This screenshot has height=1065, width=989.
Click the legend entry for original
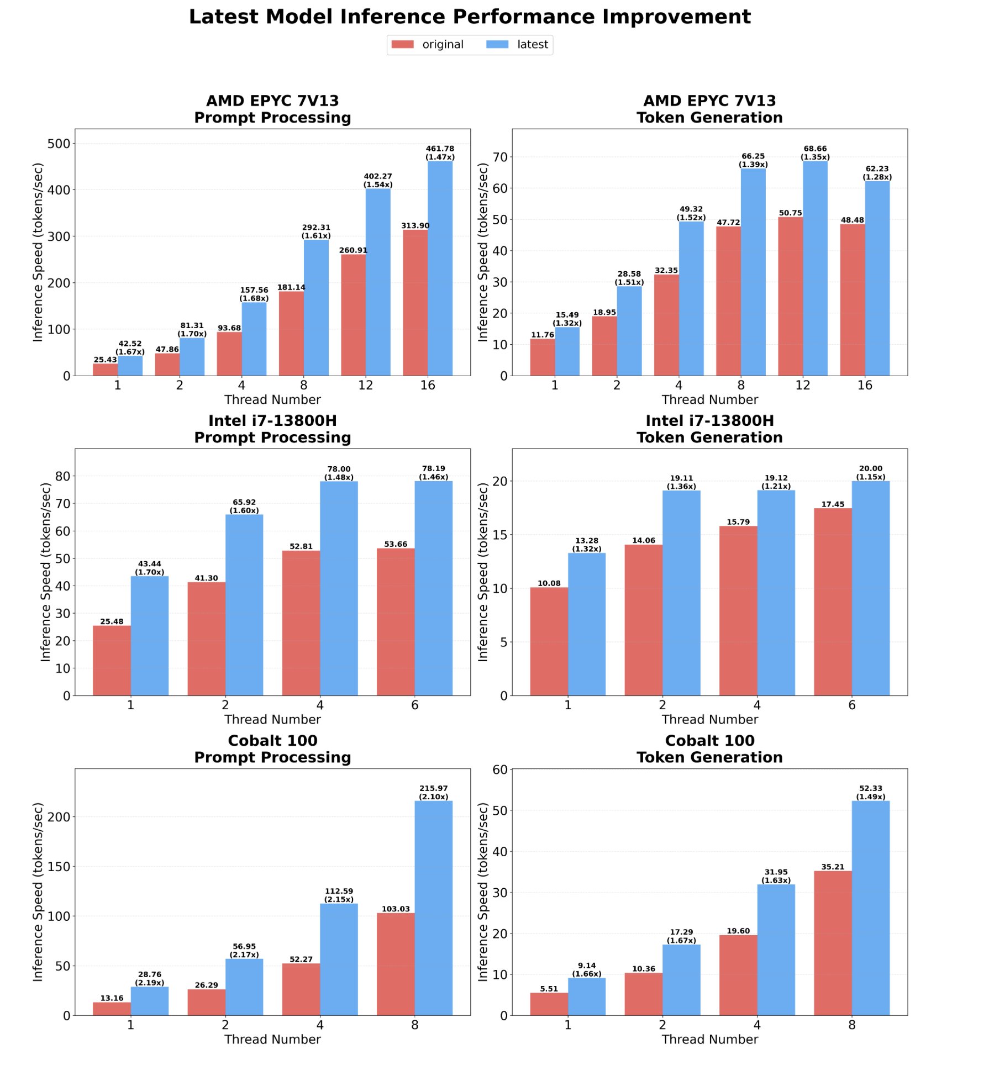(427, 45)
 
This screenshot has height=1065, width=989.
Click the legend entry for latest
(517, 45)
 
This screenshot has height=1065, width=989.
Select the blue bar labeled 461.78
(440, 268)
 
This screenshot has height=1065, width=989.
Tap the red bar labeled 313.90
(415, 302)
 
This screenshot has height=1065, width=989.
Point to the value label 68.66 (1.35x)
(815, 152)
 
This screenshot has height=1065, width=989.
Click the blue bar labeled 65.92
(244, 604)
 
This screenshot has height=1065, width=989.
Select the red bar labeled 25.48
(112, 660)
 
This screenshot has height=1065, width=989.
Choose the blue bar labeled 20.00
(870, 588)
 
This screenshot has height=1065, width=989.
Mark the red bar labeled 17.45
(833, 602)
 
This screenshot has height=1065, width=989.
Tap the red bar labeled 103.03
(396, 964)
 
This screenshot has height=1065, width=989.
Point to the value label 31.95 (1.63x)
(776, 876)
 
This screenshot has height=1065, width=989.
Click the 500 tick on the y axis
(59, 144)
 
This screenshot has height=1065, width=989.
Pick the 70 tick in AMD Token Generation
(499, 157)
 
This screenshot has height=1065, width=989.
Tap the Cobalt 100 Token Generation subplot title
(709, 748)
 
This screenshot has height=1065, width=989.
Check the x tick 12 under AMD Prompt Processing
(365, 385)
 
